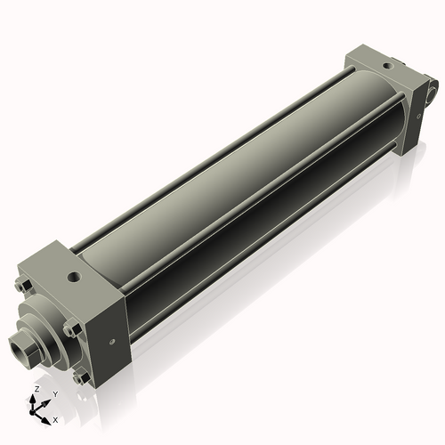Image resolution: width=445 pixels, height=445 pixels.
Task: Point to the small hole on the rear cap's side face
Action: [x=417, y=116]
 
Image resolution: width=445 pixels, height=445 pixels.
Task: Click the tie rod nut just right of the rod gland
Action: [x=72, y=329]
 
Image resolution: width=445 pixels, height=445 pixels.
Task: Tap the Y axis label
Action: [x=54, y=393]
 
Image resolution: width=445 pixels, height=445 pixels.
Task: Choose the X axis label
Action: [x=55, y=418]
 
